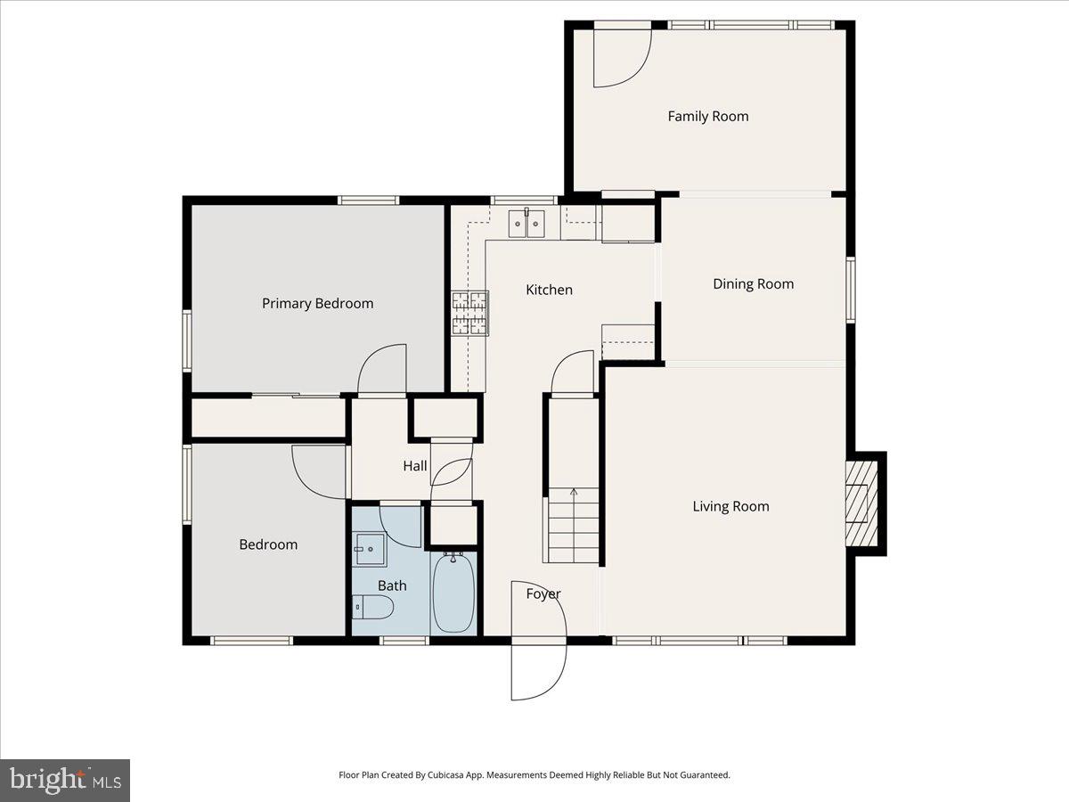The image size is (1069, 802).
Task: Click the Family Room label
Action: pyautogui.click(x=708, y=116)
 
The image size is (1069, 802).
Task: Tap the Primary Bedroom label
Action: pyautogui.click(x=317, y=303)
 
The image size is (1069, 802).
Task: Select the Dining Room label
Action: pyautogui.click(x=753, y=284)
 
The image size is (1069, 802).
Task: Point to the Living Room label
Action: pyautogui.click(x=730, y=506)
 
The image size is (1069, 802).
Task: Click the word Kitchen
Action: pyautogui.click(x=549, y=290)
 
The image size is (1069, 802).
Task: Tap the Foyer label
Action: pyautogui.click(x=543, y=593)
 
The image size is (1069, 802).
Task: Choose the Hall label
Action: pyautogui.click(x=415, y=466)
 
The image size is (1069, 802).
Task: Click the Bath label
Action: pyautogui.click(x=392, y=585)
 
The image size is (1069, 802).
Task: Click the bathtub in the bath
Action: pyautogui.click(x=454, y=592)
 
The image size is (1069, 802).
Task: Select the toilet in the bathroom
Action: pyautogui.click(x=373, y=608)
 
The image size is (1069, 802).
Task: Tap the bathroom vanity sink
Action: pyautogui.click(x=370, y=549)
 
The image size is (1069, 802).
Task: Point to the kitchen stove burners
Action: pyautogui.click(x=469, y=313)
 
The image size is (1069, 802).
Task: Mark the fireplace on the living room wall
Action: pyautogui.click(x=861, y=503)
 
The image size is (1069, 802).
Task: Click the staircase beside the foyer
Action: pyautogui.click(x=573, y=526)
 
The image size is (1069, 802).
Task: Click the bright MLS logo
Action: pyautogui.click(x=65, y=781)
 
